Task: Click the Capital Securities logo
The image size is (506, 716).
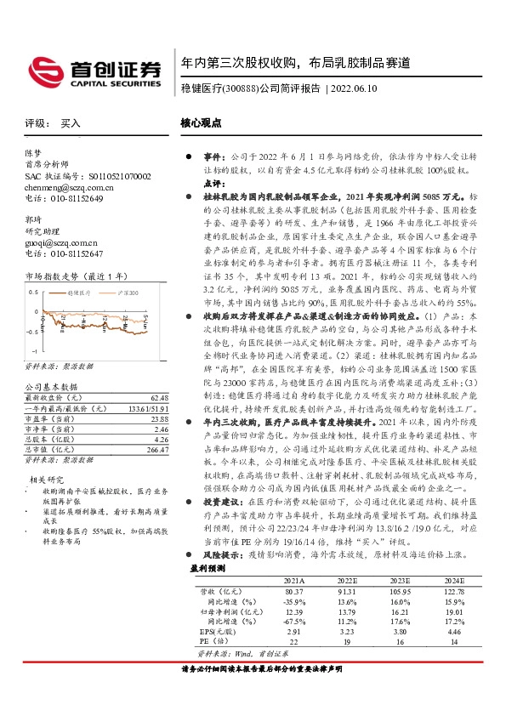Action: (94, 70)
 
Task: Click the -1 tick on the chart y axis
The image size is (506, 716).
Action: (33, 350)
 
